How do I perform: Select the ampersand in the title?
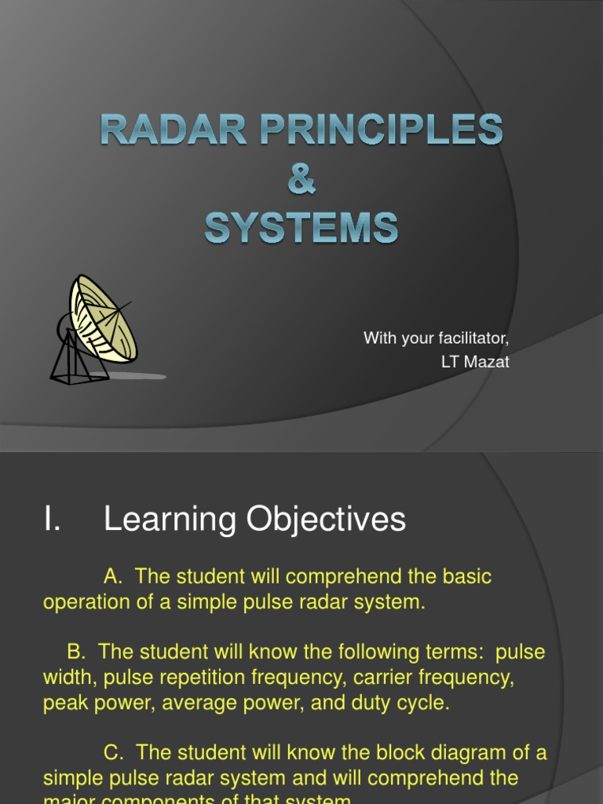pyautogui.click(x=301, y=179)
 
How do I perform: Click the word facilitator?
pyautogui.click(x=468, y=338)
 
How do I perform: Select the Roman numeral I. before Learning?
pyautogui.click(x=52, y=520)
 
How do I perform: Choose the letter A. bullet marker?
pyautogui.click(x=114, y=577)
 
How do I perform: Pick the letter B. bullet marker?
pyautogui.click(x=76, y=653)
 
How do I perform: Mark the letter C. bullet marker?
pyautogui.click(x=115, y=753)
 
